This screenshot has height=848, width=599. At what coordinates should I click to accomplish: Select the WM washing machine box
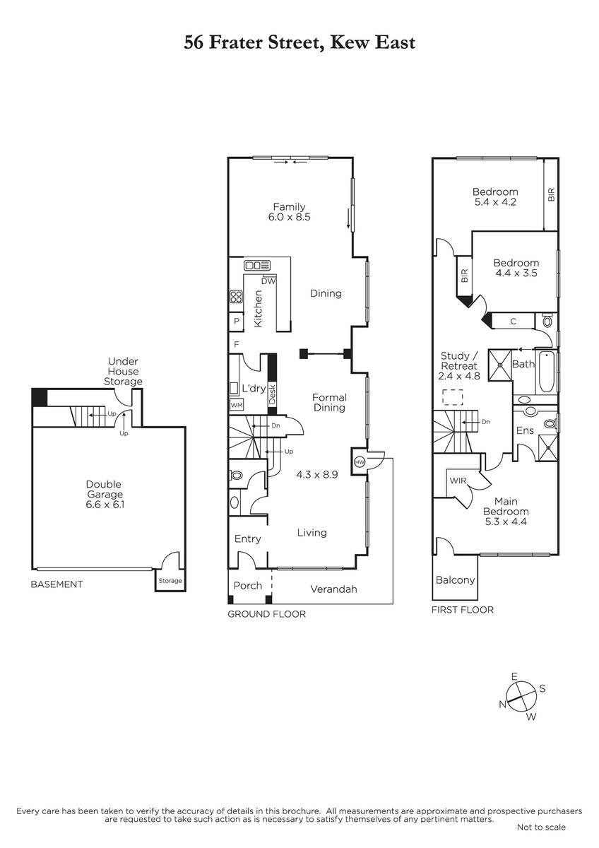click(x=237, y=405)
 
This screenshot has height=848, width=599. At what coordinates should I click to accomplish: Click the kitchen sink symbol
click(x=257, y=266)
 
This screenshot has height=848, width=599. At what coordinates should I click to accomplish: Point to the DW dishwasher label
click(x=268, y=281)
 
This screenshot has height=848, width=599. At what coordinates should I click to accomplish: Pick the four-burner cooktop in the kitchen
click(x=236, y=296)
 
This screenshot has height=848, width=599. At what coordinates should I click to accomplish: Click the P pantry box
click(x=237, y=322)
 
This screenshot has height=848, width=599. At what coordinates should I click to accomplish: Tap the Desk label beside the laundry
click(x=272, y=394)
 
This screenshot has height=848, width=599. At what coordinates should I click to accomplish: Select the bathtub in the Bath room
click(x=546, y=372)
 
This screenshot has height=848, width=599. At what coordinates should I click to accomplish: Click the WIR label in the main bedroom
click(x=458, y=481)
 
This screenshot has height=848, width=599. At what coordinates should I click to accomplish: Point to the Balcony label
click(x=455, y=580)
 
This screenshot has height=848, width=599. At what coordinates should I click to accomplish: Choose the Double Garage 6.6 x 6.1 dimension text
click(x=105, y=505)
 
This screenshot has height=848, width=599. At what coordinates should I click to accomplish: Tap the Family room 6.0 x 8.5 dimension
click(x=289, y=217)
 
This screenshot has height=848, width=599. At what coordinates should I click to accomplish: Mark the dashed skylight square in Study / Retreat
click(x=453, y=397)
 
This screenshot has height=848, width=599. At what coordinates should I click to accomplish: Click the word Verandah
click(x=333, y=589)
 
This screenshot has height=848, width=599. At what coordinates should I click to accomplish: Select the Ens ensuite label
click(x=525, y=430)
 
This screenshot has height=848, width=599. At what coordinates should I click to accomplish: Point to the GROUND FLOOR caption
click(x=267, y=614)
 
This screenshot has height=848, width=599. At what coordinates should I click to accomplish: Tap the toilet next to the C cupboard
click(x=547, y=321)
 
